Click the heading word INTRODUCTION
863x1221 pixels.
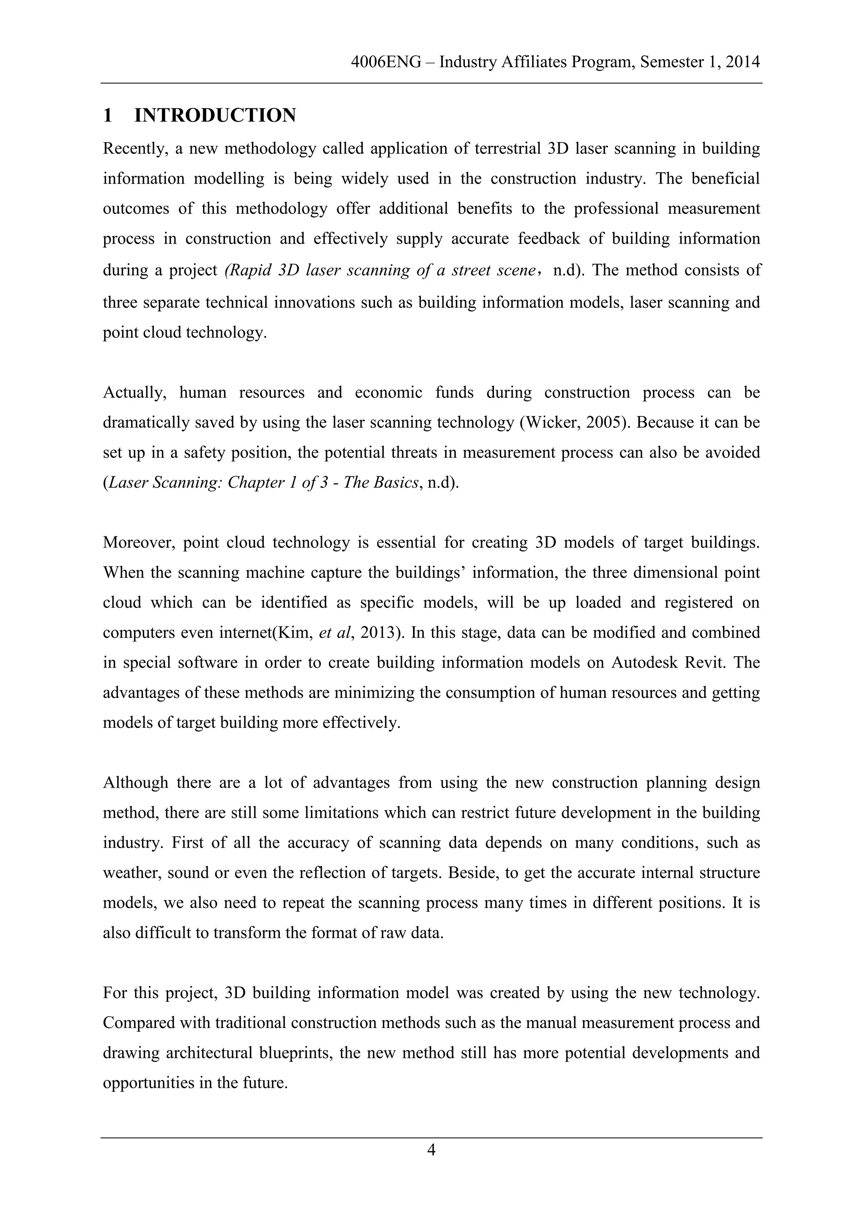215,115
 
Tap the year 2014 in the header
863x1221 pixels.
742,62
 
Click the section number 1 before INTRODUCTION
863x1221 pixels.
108,115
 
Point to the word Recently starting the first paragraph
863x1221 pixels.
135,148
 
